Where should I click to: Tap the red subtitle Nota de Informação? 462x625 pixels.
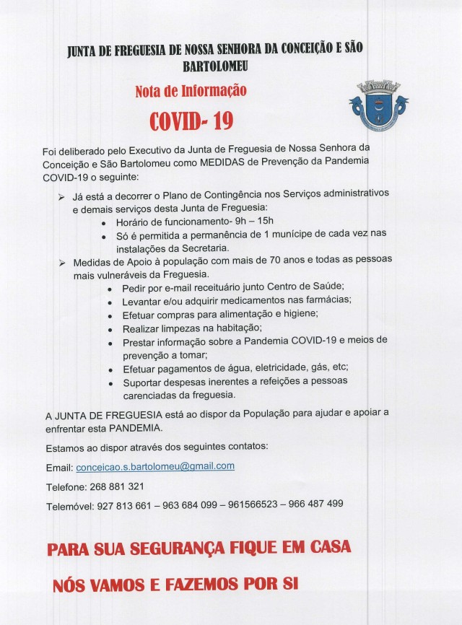click(x=191, y=92)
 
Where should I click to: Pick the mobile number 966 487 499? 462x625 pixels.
click(x=315, y=504)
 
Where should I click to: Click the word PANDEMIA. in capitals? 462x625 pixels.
click(x=131, y=427)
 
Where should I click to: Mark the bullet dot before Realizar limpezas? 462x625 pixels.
click(x=109, y=328)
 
